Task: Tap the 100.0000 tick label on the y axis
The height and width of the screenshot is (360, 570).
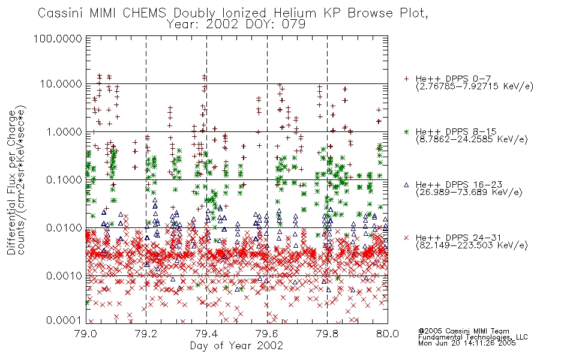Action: coord(58,38)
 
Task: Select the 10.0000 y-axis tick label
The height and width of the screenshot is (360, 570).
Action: coord(61,84)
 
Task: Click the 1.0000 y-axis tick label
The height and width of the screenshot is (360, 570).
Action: coord(64,131)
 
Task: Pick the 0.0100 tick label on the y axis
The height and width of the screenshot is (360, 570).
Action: coord(64,228)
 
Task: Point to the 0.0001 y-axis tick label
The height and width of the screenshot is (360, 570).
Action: coord(64,320)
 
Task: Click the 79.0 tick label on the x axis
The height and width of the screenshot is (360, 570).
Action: coord(86,334)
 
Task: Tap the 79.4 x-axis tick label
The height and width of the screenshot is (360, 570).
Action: coord(207,334)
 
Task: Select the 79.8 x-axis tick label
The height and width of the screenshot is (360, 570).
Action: coord(327,334)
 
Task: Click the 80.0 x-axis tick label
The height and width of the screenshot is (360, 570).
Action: coord(388,334)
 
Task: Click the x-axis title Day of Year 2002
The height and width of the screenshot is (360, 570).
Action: coord(236,345)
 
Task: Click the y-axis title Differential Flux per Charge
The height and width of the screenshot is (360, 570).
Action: coord(11,182)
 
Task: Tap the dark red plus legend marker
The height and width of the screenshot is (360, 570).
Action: coord(406,79)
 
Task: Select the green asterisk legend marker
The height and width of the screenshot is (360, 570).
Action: coord(406,131)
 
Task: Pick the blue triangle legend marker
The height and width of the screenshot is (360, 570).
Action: coord(406,185)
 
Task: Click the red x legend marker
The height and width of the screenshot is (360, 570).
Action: coord(406,238)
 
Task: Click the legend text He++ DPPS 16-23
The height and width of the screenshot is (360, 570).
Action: coord(456,185)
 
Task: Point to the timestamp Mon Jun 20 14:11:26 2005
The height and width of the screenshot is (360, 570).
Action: coord(467,343)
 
